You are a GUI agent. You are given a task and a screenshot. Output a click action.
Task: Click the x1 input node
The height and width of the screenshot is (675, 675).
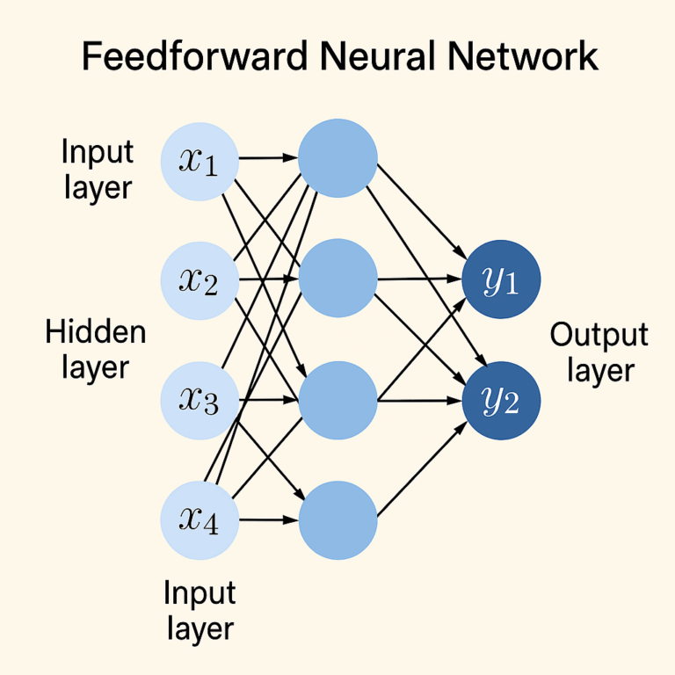pos(200,161)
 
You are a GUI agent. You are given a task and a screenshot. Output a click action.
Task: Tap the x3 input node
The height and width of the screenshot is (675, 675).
pos(200,401)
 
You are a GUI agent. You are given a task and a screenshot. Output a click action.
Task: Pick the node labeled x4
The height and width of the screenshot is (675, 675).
pos(200,520)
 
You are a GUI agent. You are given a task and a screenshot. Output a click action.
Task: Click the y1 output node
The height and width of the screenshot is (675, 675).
pos(502,280)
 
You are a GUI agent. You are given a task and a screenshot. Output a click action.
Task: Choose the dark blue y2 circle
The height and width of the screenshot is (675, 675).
pos(502,401)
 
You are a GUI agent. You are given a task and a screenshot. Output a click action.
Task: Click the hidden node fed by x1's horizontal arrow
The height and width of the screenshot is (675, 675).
pos(337,159)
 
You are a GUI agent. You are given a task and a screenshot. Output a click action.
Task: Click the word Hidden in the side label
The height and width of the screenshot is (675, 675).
pos(95,332)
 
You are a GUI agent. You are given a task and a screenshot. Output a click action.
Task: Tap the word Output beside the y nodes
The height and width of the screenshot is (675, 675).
pos(599,335)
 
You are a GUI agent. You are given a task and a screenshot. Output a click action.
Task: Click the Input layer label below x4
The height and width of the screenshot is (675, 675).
pos(199,611)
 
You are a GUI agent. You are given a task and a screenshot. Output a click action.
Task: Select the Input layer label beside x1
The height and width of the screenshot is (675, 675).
pos(97,170)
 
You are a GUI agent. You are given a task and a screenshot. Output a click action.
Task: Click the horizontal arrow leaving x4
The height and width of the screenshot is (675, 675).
pos(268,520)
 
